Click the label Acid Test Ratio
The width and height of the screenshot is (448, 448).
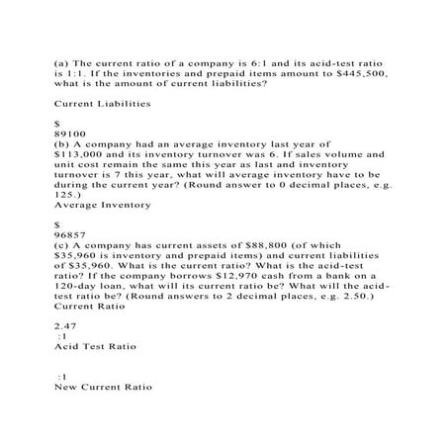point(96,347)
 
